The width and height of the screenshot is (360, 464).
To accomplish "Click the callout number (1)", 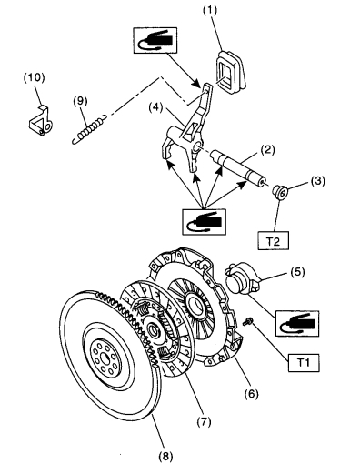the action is pos(210,10).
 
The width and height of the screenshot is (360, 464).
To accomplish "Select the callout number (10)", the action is pos(34,77).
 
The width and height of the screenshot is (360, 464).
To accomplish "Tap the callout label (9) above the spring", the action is pos(80,101).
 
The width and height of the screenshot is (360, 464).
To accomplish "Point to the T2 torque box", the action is pos(273,241).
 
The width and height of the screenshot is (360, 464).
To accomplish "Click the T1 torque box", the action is pos(304,362).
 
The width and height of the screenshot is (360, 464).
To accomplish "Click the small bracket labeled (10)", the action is pos(41,120).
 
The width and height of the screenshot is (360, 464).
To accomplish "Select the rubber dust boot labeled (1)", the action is pos(231,72).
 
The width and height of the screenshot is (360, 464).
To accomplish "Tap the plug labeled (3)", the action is pos(280,192).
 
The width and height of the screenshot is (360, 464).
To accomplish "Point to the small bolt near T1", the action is pos(248,321).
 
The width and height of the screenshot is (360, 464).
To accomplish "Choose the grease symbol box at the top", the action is pos(155,41).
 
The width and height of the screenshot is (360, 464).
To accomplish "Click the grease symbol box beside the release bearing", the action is pos(297,323).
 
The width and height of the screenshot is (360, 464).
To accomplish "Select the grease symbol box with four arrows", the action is pos(204,222).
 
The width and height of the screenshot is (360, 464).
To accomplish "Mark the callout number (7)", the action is pos(204,421).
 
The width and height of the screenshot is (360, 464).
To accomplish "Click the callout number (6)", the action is pos(252,394).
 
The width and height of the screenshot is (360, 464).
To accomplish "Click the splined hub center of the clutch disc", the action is pos(155,329).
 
